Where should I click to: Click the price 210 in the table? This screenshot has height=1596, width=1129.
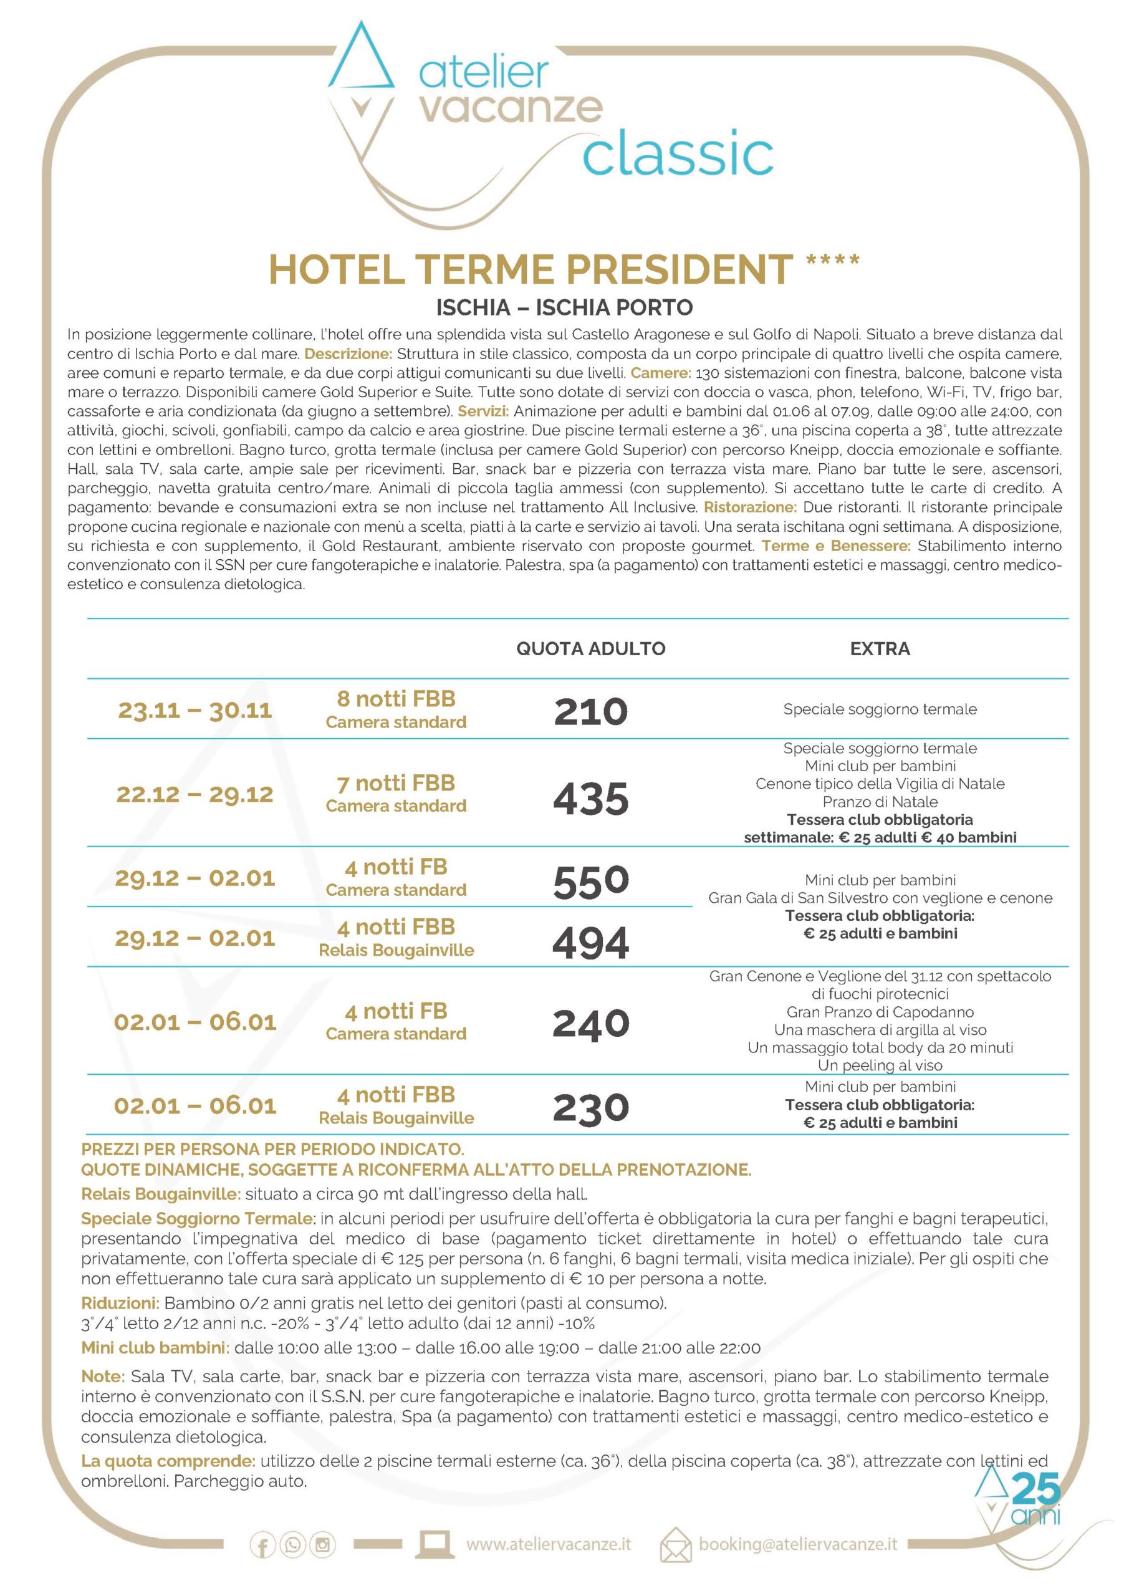[590, 711]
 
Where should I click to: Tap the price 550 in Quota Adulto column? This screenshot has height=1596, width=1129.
[590, 882]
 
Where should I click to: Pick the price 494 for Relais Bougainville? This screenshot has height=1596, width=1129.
[590, 942]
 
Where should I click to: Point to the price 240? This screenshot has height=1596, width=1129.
[590, 1024]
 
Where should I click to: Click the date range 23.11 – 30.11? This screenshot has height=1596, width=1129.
[195, 711]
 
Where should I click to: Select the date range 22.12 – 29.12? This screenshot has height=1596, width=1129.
[195, 794]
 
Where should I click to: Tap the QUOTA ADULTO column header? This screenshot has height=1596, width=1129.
[590, 648]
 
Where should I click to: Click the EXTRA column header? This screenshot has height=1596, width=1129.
[880, 648]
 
